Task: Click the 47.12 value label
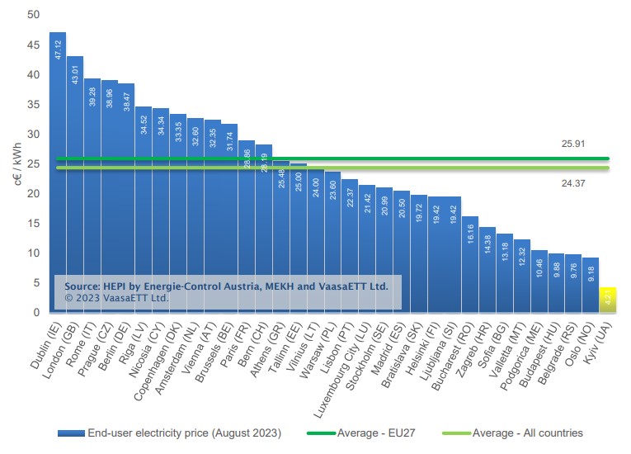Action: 58,50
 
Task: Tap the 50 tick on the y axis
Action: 33,15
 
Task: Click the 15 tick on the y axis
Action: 33,223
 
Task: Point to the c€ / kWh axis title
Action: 14,163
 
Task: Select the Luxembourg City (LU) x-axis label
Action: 342,363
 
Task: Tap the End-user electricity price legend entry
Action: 173,433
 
